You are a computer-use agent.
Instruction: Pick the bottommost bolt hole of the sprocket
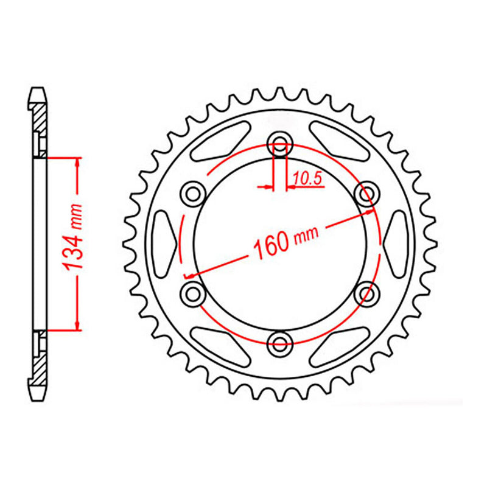280,342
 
